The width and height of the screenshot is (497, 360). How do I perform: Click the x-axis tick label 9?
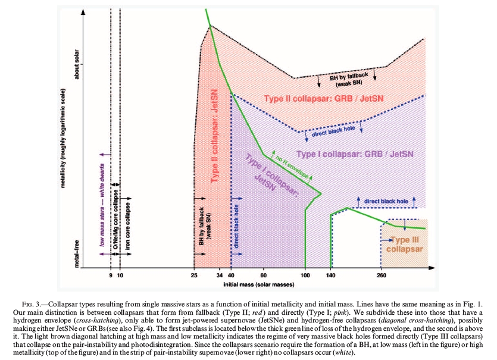point(111,277)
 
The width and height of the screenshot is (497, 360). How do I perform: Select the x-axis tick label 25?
point(194,277)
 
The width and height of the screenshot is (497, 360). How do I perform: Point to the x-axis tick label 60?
point(264,277)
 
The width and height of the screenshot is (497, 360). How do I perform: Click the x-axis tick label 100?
point(305,277)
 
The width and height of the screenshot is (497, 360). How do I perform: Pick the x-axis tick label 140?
point(331,277)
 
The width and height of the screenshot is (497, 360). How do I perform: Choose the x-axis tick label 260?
point(382,277)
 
